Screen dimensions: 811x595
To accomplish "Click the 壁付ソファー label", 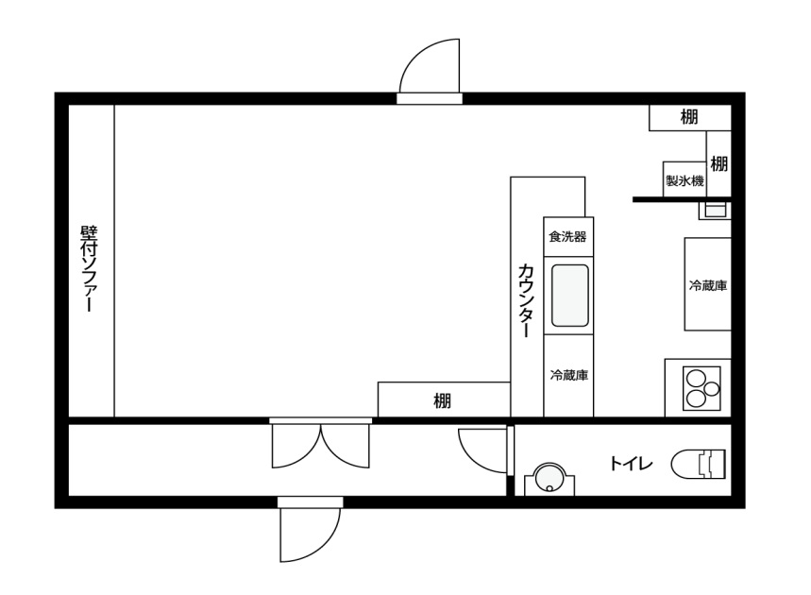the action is [x=89, y=268].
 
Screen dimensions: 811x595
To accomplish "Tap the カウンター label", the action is [x=526, y=300].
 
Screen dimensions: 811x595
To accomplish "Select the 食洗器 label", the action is [x=568, y=237].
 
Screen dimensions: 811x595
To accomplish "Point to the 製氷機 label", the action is [x=684, y=181].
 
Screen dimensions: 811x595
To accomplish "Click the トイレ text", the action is [x=631, y=463].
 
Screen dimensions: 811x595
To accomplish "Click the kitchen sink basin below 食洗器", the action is [x=570, y=296].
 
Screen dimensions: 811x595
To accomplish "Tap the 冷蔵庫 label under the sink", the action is [x=569, y=375].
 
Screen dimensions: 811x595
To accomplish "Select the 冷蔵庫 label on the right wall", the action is [x=708, y=285].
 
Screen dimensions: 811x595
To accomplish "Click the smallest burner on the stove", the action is [x=712, y=388].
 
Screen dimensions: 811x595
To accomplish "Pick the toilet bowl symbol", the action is [x=699, y=464].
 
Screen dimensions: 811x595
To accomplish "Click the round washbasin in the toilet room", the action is [x=549, y=477].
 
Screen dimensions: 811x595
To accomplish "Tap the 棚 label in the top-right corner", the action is [x=689, y=117].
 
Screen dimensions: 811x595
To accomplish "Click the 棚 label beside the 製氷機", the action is [x=718, y=164].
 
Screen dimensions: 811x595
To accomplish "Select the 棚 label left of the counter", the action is [x=442, y=400].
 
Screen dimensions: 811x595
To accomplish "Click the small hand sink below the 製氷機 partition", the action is [x=716, y=211].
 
